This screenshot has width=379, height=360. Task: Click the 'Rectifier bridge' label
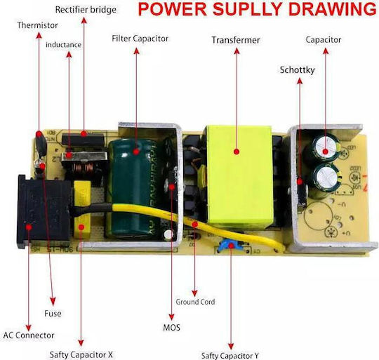pos(86,10)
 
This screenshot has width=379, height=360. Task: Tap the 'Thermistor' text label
pos(37,25)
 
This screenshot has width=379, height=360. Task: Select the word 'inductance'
pos(63,45)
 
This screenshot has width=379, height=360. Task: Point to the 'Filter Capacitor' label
pos(140,39)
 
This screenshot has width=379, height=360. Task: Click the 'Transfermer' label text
pos(236,40)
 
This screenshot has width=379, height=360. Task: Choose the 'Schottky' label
pos(298,70)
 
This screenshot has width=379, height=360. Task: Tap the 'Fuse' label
pos(53,314)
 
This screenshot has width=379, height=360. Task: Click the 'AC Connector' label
pos(29,335)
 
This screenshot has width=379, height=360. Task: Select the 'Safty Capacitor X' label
pos(81,354)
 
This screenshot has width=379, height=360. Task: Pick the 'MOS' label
pos(172,328)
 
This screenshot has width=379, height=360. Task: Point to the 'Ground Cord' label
pos(195,302)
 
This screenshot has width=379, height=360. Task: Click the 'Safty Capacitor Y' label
pos(230,356)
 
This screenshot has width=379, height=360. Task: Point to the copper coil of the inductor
pos(84,168)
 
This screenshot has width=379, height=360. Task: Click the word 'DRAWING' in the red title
pos(333,9)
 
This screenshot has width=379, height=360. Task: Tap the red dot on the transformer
pos(237,152)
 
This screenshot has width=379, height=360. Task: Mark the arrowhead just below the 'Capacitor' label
pos(326,51)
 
